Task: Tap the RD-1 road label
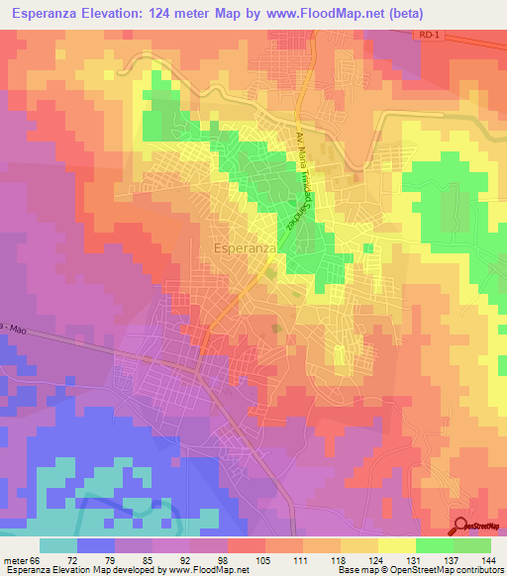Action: pyautogui.click(x=427, y=35)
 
